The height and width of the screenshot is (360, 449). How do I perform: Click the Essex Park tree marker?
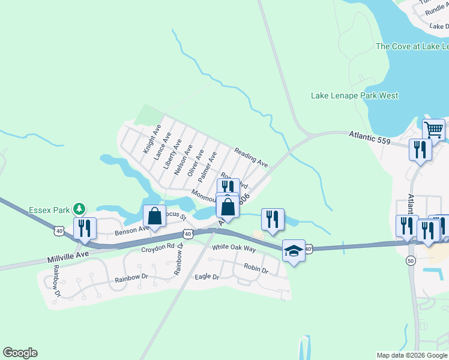(x=78, y=209)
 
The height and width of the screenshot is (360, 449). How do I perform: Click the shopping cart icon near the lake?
(x=433, y=129)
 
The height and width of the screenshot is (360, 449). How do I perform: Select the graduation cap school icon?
(x=294, y=251)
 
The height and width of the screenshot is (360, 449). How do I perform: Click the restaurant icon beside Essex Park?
(x=84, y=229)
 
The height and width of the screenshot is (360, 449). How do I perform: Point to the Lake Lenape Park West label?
(x=354, y=95)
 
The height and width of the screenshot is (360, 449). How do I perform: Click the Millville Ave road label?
(x=67, y=257)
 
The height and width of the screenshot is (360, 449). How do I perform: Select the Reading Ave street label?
(x=251, y=157)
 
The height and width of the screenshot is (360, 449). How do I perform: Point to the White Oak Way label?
(x=234, y=248)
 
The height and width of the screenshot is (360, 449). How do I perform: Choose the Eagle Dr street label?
(x=207, y=277)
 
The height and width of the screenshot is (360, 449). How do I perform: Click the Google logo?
(x=20, y=353)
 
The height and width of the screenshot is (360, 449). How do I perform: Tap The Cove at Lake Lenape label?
(x=412, y=46)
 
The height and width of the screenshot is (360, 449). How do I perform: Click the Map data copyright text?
(x=412, y=355)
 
